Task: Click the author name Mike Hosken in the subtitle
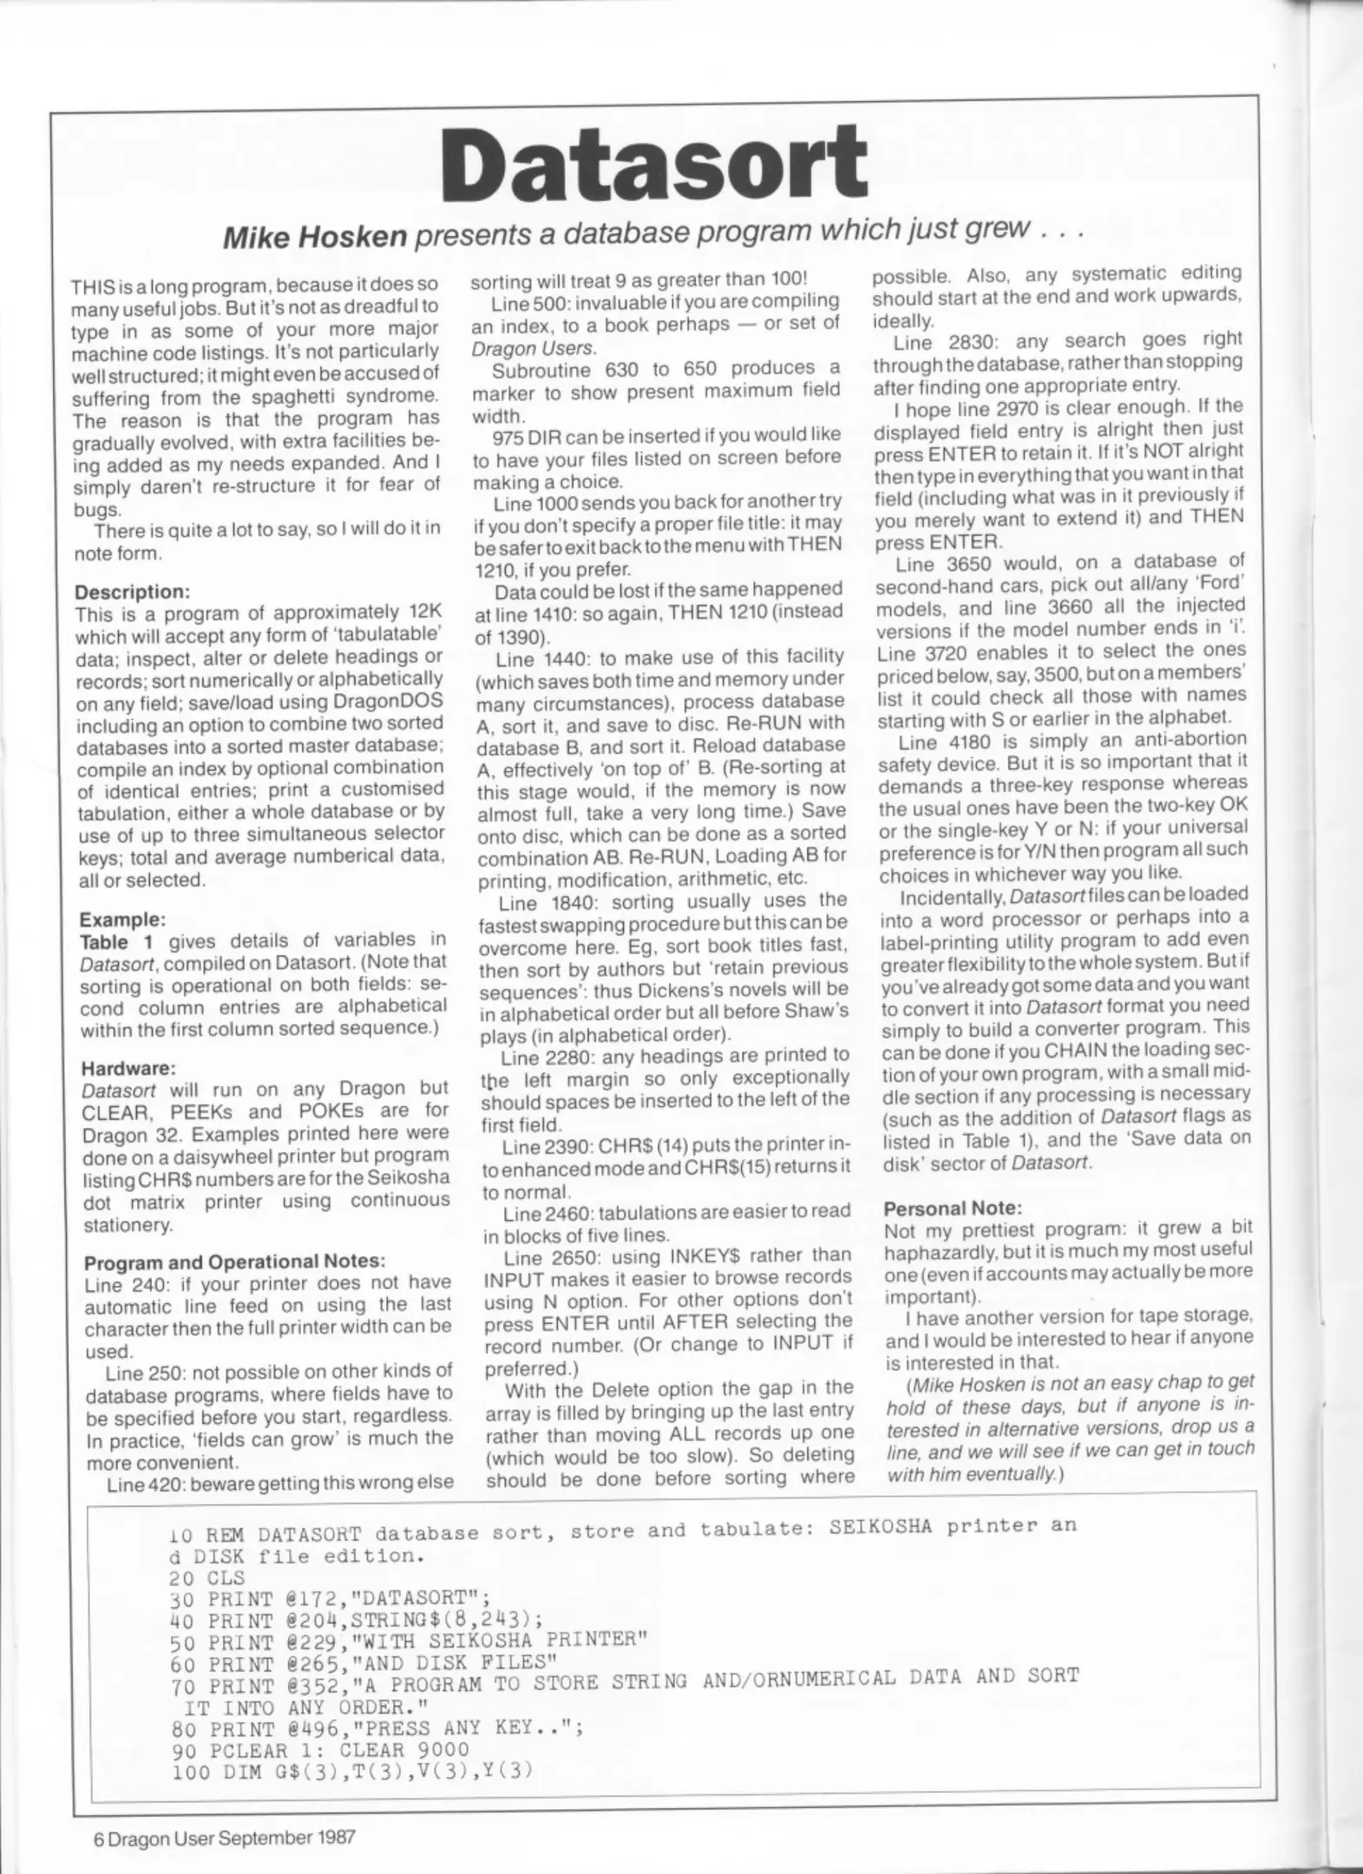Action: pos(314,237)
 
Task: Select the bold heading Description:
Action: pos(132,593)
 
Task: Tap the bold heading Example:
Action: pos(121,919)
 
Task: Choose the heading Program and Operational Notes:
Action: pos(234,1261)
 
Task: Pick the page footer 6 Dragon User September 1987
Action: pos(225,1838)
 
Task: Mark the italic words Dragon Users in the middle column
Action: pos(533,348)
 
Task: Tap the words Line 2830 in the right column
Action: pos(940,342)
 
